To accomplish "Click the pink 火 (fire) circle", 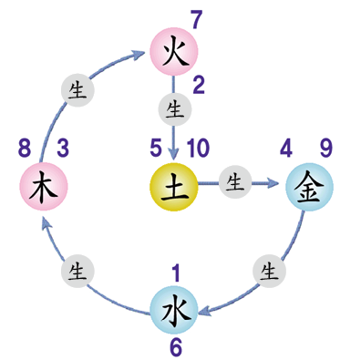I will pyautogui.click(x=173, y=51).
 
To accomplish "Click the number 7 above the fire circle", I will pyautogui.click(x=195, y=19).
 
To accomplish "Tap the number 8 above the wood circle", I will pyautogui.click(x=24, y=146).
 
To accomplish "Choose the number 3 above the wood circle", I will pyautogui.click(x=63, y=146).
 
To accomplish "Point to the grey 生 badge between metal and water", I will pyautogui.click(x=268, y=270).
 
